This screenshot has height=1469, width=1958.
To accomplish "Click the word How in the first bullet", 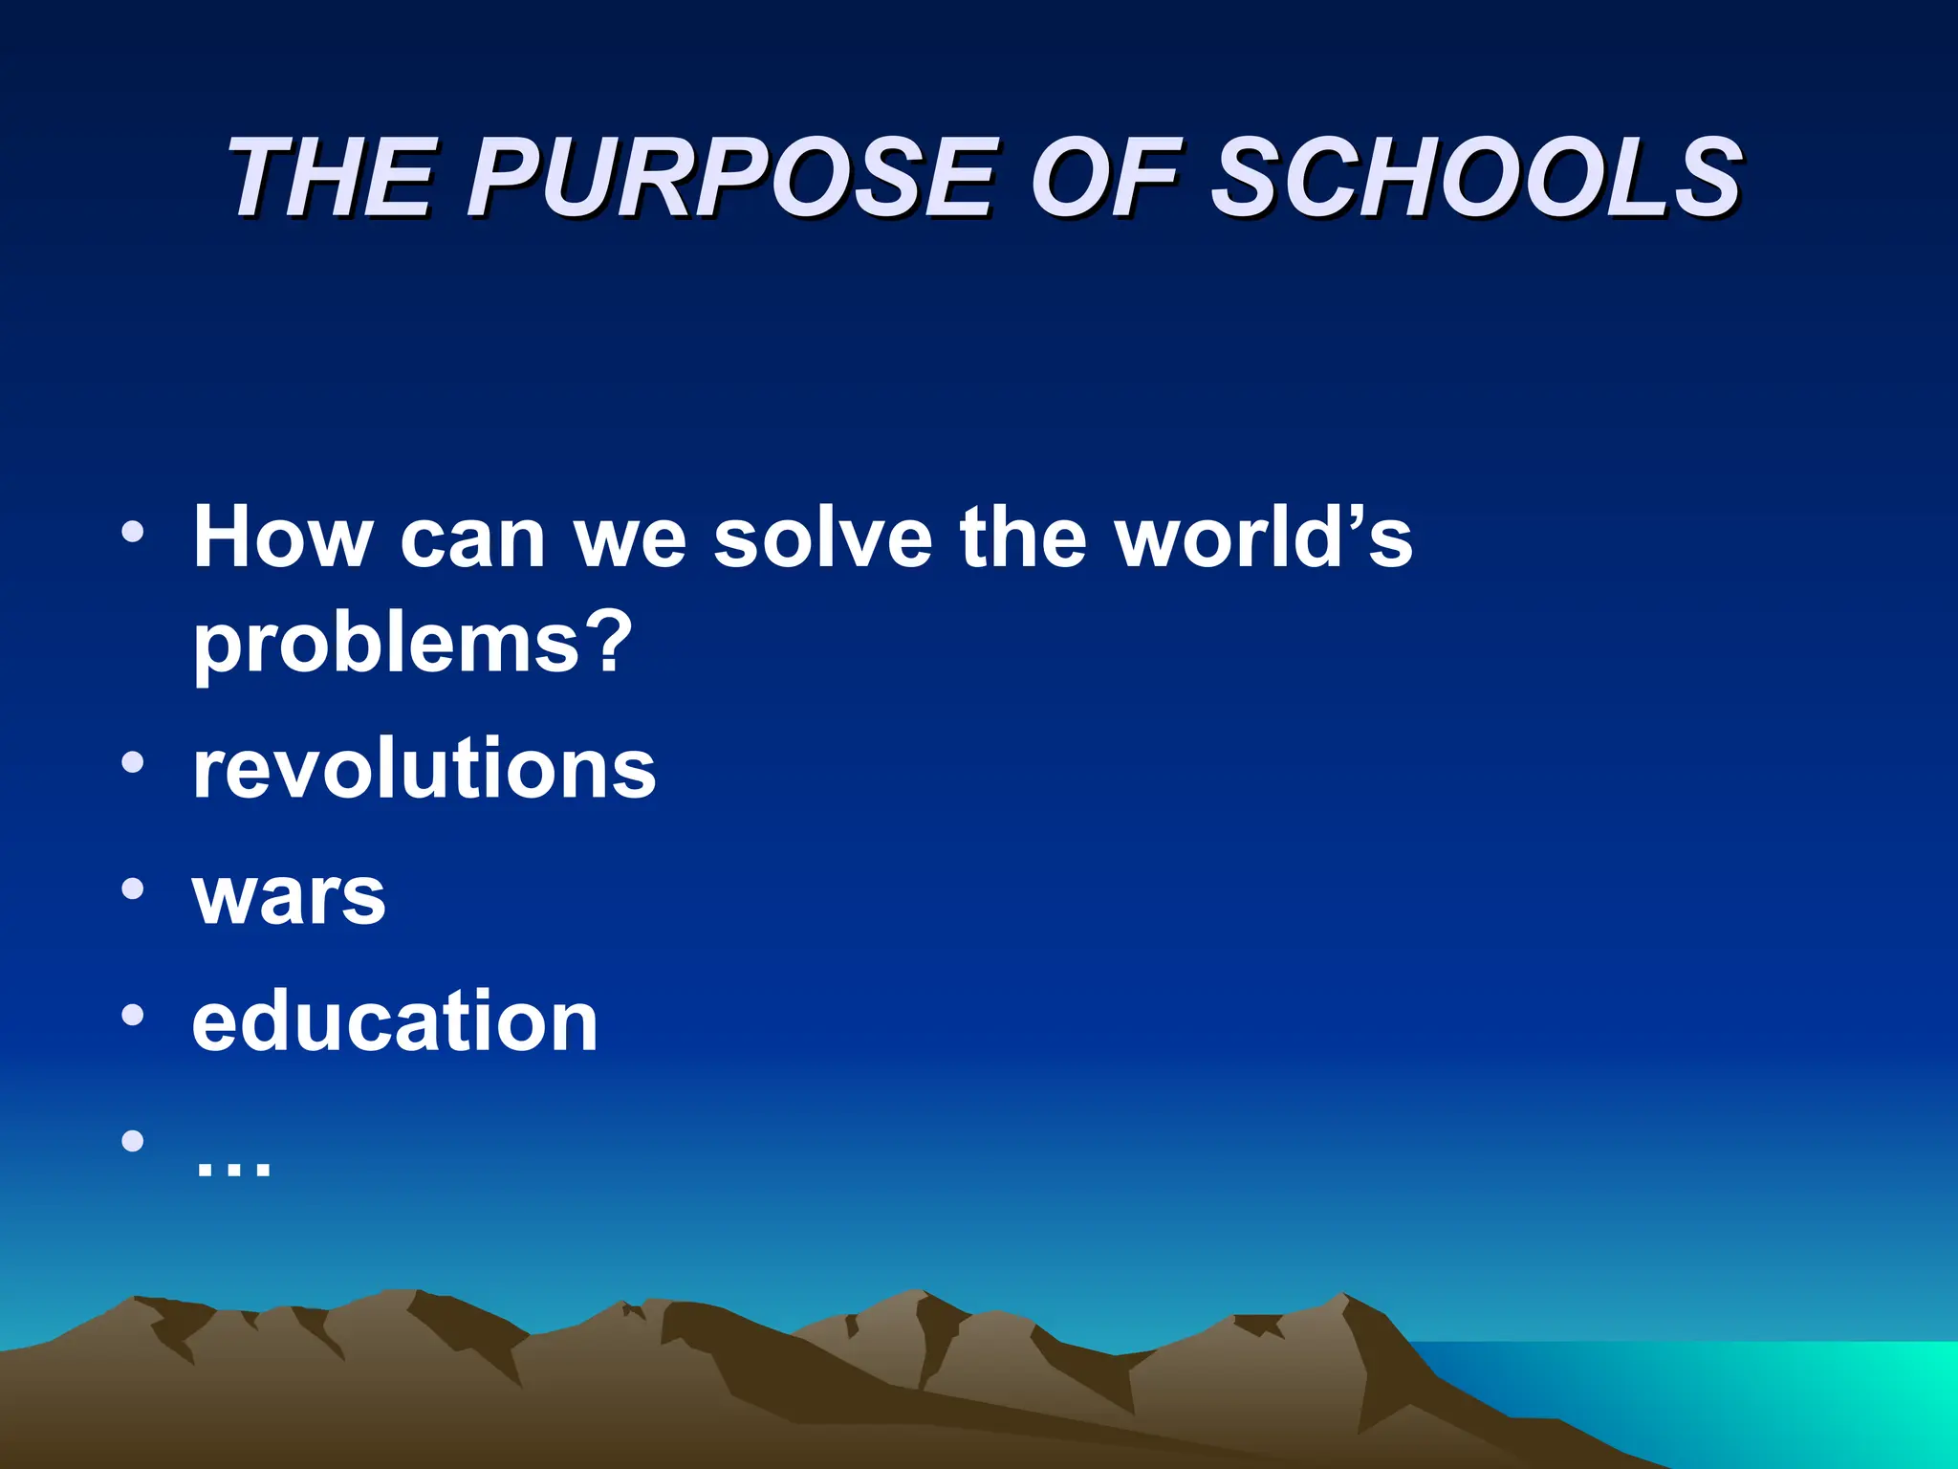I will click(283, 537).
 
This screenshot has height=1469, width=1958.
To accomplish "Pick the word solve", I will click(823, 537).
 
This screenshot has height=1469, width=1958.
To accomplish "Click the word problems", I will click(387, 643).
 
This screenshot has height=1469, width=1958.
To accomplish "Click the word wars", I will click(290, 896).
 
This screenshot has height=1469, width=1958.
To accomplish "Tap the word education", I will click(395, 1021).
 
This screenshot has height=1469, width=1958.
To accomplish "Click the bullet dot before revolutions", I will click(133, 762).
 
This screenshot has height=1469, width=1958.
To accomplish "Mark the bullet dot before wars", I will click(133, 888).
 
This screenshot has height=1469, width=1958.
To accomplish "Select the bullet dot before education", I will click(133, 1015).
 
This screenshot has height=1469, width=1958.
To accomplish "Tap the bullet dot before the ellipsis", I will click(133, 1140).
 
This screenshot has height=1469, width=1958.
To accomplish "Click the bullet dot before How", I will click(133, 531).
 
